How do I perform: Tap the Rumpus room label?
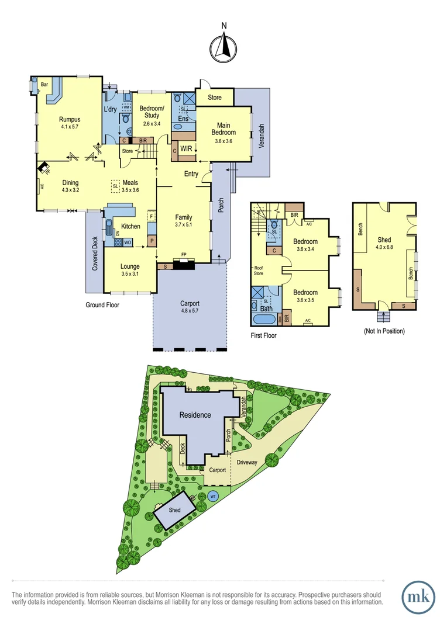(x=69, y=119)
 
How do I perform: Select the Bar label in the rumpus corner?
(x=44, y=85)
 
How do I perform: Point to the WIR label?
(x=187, y=149)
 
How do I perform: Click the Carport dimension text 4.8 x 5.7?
(x=190, y=311)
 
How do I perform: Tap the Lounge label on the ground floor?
(x=130, y=266)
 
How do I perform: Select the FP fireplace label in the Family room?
(x=184, y=255)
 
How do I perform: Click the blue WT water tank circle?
(x=213, y=497)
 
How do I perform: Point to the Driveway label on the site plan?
(x=247, y=462)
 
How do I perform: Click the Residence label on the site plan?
(x=195, y=415)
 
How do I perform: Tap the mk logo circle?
(x=418, y=596)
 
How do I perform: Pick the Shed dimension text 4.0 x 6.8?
(x=384, y=247)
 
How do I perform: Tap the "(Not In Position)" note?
(x=384, y=331)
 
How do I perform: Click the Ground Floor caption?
(x=102, y=305)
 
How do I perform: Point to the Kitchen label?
(x=130, y=226)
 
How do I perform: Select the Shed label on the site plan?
(x=175, y=509)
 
